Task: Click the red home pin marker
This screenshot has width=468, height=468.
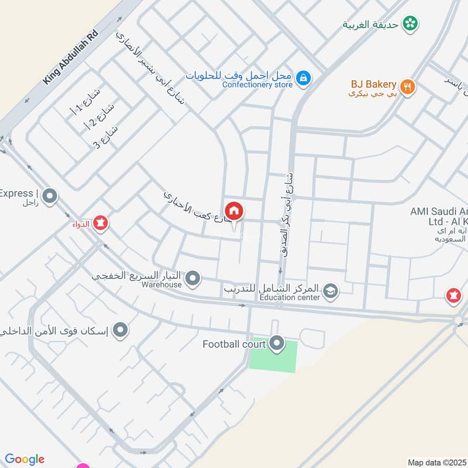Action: (233, 211)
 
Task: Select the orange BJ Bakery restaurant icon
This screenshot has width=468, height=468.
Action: (408, 87)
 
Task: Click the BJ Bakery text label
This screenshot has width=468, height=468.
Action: (373, 85)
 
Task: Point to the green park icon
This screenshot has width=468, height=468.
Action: (411, 23)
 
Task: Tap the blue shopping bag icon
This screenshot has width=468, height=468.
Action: (302, 77)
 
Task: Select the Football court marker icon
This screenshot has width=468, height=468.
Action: (277, 343)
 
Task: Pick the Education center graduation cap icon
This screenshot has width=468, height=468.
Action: (331, 291)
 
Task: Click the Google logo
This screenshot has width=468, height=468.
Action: (25, 459)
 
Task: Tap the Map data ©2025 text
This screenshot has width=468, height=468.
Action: (436, 462)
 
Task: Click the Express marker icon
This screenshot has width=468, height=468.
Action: (50, 196)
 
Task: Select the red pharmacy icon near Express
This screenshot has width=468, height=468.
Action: (100, 223)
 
